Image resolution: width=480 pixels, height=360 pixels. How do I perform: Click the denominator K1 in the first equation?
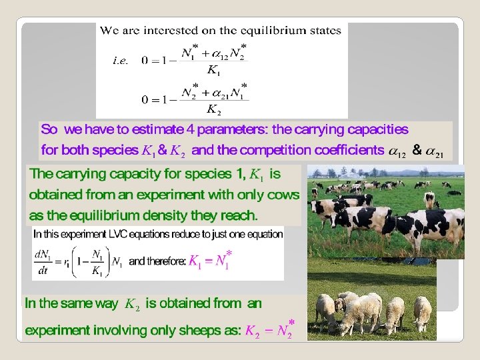(x=215, y=70)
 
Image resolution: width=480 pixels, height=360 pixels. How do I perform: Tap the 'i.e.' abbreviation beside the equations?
(x=121, y=60)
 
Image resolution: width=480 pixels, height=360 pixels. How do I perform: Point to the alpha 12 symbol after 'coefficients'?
(x=397, y=152)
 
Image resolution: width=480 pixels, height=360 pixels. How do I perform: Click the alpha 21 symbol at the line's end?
(x=435, y=152)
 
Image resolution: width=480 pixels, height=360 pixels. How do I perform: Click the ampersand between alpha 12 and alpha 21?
(x=417, y=151)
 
